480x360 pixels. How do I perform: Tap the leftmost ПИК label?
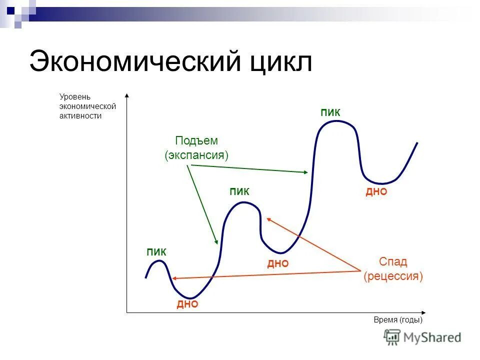[156, 252]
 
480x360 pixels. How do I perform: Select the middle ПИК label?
[239, 191]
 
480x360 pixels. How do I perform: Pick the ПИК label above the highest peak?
[330, 112]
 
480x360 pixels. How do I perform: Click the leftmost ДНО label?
[187, 304]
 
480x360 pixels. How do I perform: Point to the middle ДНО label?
[278, 263]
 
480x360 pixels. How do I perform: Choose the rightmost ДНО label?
[376, 192]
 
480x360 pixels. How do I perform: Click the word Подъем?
[196, 141]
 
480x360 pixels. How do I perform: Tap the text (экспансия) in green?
[196, 155]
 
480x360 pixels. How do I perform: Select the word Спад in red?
[393, 261]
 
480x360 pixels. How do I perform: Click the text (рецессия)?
[393, 276]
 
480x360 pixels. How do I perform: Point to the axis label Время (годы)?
[398, 320]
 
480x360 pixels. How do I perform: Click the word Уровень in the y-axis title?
[75, 96]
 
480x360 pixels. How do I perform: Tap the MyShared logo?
[422, 337]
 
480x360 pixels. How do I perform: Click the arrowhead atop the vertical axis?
[127, 95]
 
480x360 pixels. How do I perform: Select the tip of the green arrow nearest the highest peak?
[306, 172]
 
